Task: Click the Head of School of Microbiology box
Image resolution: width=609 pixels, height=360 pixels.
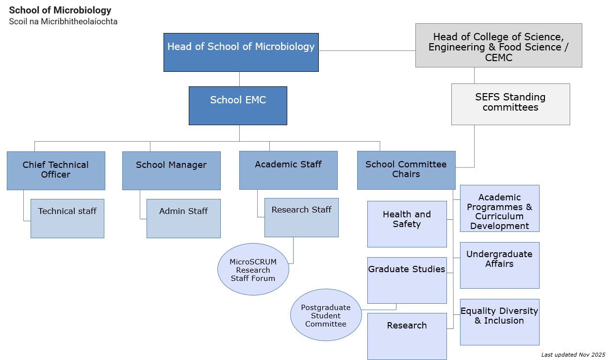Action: pyautogui.click(x=241, y=52)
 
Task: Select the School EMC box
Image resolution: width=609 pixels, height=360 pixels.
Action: pyautogui.click(x=238, y=105)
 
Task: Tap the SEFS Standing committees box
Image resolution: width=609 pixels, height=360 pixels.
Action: pyautogui.click(x=510, y=104)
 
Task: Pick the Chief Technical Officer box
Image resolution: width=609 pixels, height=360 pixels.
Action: pyautogui.click(x=56, y=170)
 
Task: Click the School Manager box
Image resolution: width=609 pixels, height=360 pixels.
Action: pyautogui.click(x=171, y=170)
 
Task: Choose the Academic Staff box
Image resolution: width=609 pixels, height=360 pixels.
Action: pyautogui.click(x=288, y=170)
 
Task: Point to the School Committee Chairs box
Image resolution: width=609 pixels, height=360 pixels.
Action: pyautogui.click(x=406, y=170)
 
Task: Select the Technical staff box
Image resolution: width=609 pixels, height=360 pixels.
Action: pyautogui.click(x=67, y=218)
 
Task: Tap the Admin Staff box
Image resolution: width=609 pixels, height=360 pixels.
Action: pyautogui.click(x=183, y=218)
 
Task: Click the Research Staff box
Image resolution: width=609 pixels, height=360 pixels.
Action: pyautogui.click(x=301, y=217)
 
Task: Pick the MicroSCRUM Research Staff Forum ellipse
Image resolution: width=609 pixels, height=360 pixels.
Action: pyautogui.click(x=253, y=269)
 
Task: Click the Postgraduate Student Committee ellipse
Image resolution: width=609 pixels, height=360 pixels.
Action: pyautogui.click(x=326, y=315)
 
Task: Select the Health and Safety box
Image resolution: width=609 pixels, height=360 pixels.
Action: pyautogui.click(x=407, y=224)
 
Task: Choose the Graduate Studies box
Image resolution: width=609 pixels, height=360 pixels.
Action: pyautogui.click(x=407, y=280)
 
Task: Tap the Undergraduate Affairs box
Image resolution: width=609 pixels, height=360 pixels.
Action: pyautogui.click(x=499, y=265)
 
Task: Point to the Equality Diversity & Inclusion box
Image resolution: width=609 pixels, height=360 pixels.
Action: pyautogui.click(x=499, y=322)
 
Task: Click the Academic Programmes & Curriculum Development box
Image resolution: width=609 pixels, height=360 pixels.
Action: pyautogui.click(x=499, y=208)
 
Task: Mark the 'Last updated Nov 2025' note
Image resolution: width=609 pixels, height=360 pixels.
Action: pyautogui.click(x=573, y=355)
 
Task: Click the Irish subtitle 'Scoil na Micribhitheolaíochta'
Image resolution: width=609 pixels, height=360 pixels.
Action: pyautogui.click(x=63, y=22)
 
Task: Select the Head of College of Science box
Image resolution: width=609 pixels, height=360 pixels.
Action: pyautogui.click(x=498, y=45)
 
